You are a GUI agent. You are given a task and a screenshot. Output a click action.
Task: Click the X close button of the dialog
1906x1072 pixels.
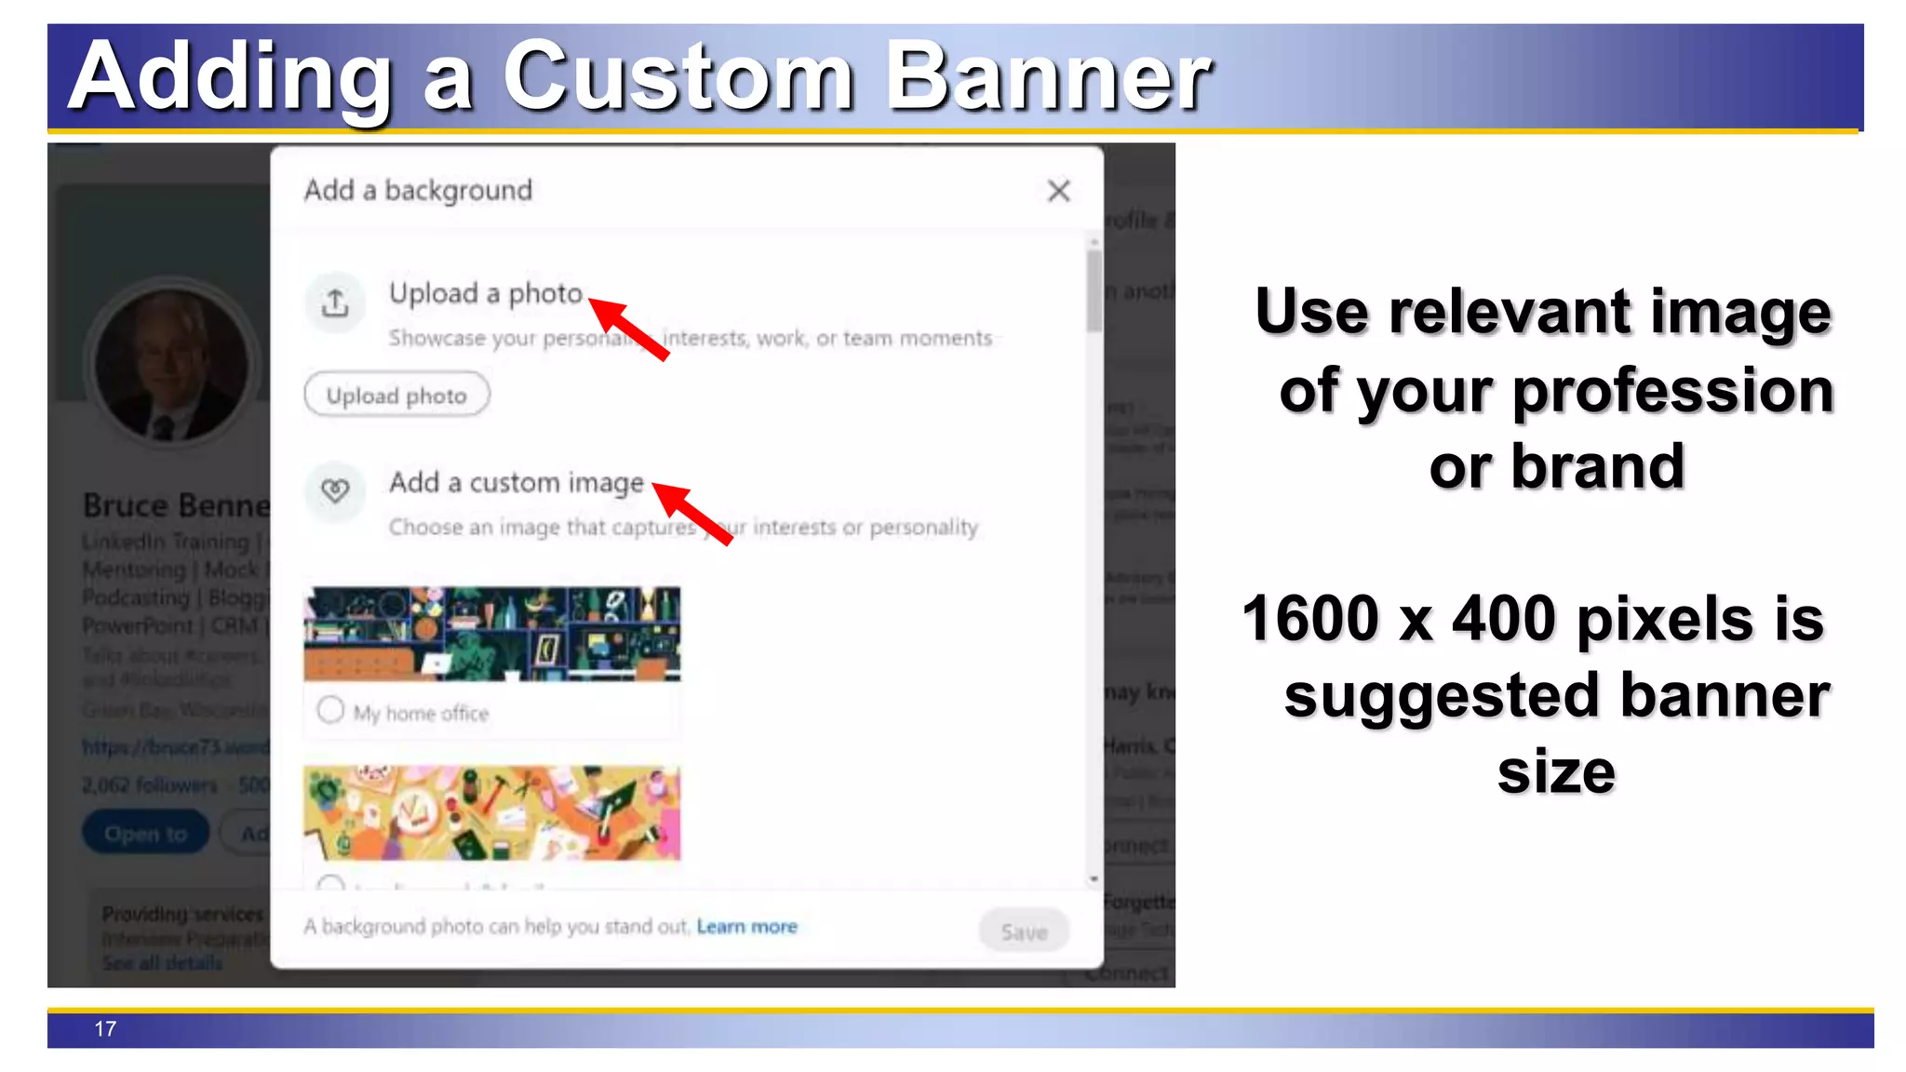[1058, 192]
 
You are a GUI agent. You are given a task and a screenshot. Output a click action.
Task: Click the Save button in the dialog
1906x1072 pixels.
[1024, 931]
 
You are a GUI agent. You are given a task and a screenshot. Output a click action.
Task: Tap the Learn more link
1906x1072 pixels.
[746, 927]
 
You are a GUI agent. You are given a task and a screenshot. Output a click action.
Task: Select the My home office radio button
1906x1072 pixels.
[330, 711]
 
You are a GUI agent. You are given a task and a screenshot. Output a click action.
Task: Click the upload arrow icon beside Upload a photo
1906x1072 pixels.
[335, 302]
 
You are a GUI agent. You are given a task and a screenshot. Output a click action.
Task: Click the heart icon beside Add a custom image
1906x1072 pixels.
[335, 489]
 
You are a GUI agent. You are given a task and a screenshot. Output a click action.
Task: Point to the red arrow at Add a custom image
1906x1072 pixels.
[691, 513]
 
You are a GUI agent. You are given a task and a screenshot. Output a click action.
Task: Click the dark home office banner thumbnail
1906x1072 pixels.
[492, 634]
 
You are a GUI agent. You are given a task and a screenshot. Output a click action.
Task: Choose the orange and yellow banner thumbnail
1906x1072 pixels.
[492, 812]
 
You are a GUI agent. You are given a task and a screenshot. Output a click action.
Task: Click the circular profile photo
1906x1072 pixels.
[172, 364]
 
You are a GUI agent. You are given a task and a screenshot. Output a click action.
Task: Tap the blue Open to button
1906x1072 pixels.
[145, 834]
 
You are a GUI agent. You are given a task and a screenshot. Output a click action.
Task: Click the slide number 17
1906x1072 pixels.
[105, 1029]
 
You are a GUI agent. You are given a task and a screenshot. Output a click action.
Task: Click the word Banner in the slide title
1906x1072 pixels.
[1048, 77]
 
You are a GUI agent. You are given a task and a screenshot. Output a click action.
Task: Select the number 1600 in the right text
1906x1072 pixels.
[1309, 619]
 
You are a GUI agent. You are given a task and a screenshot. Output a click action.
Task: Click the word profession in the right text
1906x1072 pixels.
[1672, 391]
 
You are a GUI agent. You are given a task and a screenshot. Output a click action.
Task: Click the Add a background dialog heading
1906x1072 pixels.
[418, 191]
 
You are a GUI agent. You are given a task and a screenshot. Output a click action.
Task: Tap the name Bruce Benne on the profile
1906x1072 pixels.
[176, 505]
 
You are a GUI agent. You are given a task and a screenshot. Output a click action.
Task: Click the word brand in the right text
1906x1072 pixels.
[1597, 467]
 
